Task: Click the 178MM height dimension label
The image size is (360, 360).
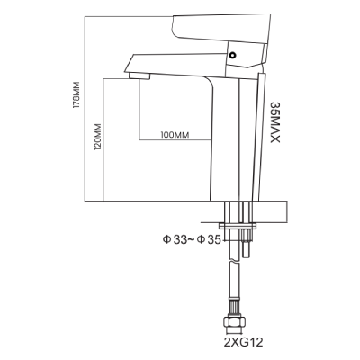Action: pyautogui.click(x=77, y=94)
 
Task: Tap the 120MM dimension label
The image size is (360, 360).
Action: pyautogui.click(x=97, y=137)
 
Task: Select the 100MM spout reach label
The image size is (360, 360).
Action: pyautogui.click(x=175, y=135)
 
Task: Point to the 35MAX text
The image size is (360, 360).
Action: pyautogui.click(x=275, y=122)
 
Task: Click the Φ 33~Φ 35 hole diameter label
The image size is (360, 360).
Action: pyautogui.click(x=192, y=239)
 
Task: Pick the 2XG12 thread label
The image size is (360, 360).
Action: pyautogui.click(x=243, y=342)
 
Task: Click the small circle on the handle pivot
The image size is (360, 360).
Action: pyautogui.click(x=232, y=56)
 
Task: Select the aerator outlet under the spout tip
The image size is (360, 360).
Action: pyautogui.click(x=139, y=76)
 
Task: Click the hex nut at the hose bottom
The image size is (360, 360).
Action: pyautogui.click(x=235, y=323)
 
